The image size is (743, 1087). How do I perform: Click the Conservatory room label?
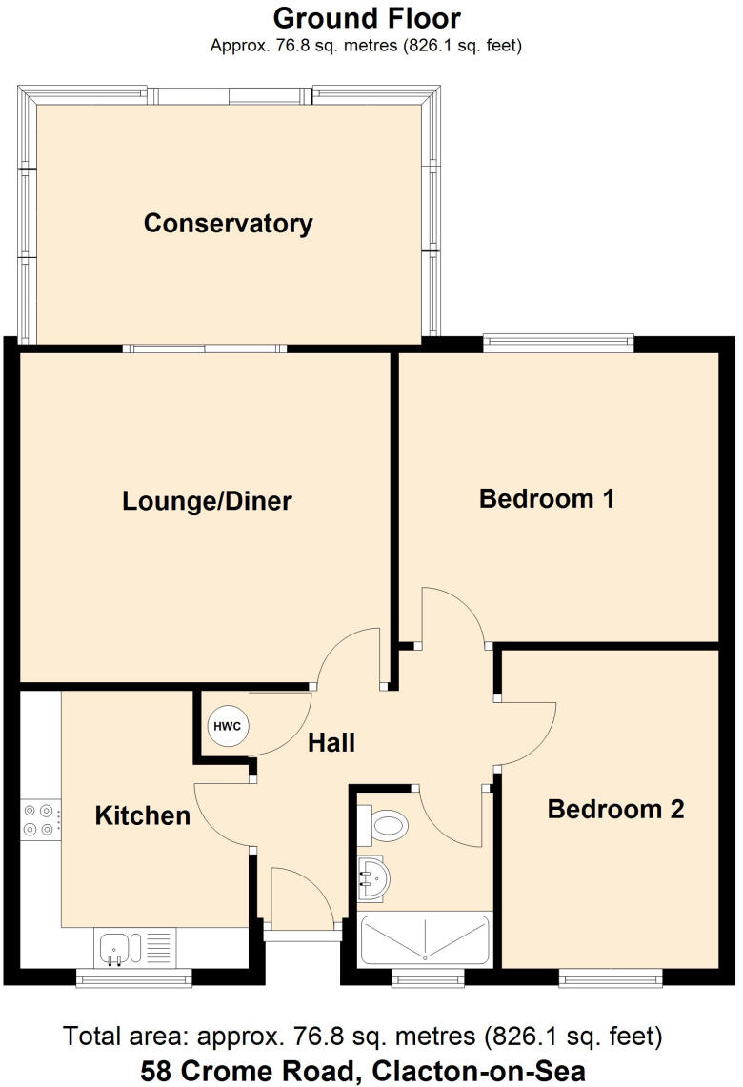pyautogui.click(x=228, y=224)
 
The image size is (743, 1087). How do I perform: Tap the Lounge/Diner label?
pyautogui.click(x=207, y=501)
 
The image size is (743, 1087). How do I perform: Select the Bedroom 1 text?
pyautogui.click(x=546, y=497)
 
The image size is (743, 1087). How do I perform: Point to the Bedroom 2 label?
pyautogui.click(x=615, y=810)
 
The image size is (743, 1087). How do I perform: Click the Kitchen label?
pyautogui.click(x=143, y=815)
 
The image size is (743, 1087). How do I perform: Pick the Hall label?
pyautogui.click(x=331, y=742)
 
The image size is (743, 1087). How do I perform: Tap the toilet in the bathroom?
pyautogui.click(x=387, y=824)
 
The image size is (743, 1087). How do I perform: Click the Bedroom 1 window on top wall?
pyautogui.click(x=558, y=341)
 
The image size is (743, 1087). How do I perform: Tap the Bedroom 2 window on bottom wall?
pyautogui.click(x=610, y=975)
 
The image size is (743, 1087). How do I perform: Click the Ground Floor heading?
pyautogui.click(x=367, y=18)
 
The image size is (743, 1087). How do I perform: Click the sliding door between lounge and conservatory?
pyautogui.click(x=209, y=348)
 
